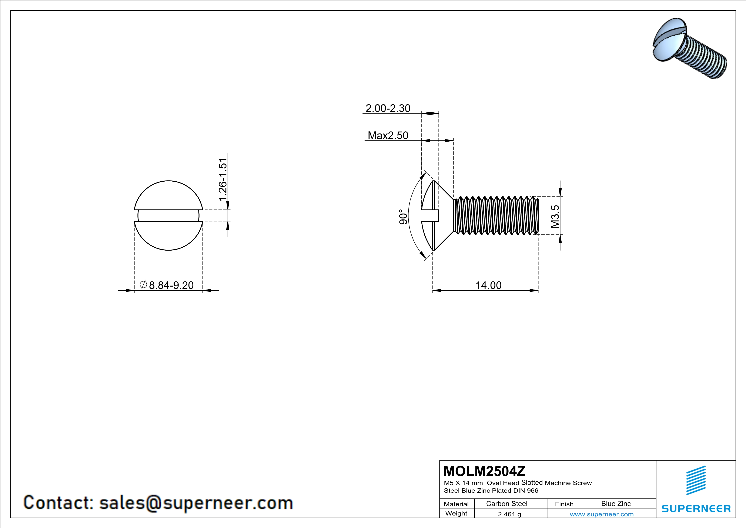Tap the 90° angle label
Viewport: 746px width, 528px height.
tap(403, 217)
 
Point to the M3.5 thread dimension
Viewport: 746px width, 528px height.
tap(555, 216)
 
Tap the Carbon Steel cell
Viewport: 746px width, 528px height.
tap(506, 504)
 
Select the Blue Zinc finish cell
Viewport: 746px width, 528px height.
tap(616, 504)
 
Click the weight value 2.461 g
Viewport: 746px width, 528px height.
tap(509, 514)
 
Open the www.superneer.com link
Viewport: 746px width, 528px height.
tap(601, 514)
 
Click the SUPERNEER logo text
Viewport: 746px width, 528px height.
tap(696, 508)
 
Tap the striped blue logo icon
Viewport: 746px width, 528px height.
tap(696, 480)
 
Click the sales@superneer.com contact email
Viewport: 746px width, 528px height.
tap(196, 503)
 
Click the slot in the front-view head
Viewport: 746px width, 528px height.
tap(168, 215)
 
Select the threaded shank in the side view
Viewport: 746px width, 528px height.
tap(495, 215)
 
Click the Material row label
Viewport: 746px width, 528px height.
tap(456, 504)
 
